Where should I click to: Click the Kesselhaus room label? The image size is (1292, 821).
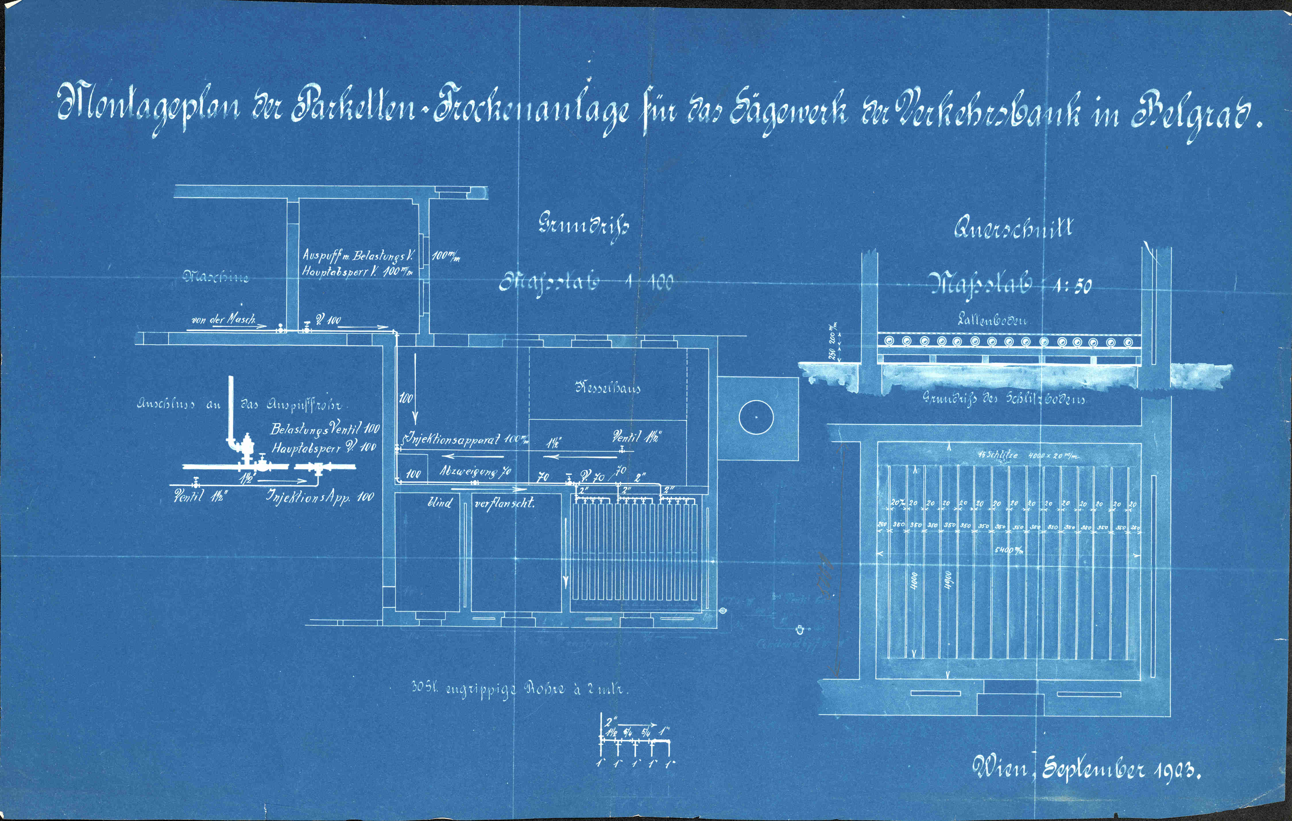click(x=607, y=388)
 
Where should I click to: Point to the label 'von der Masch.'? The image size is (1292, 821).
click(x=223, y=320)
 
